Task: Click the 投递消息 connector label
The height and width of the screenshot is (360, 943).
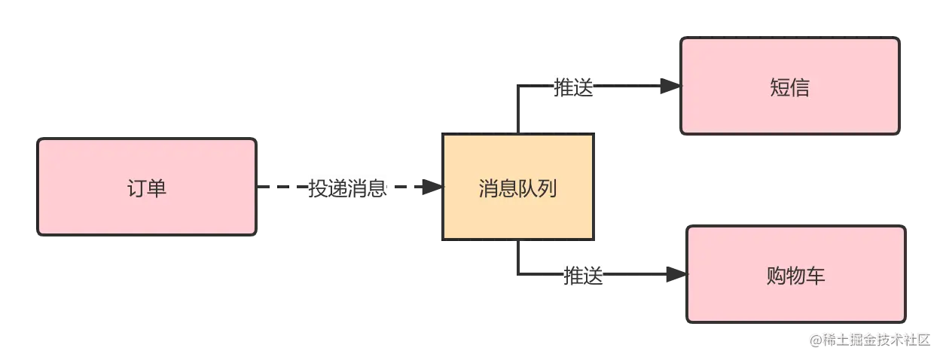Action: [347, 188]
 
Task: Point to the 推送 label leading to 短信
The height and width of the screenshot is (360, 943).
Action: [573, 88]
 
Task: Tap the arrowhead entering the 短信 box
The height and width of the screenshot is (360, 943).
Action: [667, 88]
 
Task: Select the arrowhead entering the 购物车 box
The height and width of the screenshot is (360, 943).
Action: [673, 275]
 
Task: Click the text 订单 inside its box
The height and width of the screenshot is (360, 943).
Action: [147, 188]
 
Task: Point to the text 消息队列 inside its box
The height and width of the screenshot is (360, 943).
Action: [517, 188]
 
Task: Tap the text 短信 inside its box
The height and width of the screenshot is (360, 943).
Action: [789, 88]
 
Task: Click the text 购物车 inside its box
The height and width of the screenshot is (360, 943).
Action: [795, 276]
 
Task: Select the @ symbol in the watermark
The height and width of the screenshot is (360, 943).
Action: [814, 340]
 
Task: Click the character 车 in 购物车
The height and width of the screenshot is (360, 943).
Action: [816, 276]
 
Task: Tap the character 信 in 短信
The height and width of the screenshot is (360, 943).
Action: [800, 88]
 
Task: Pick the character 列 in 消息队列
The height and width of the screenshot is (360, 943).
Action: [547, 188]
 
